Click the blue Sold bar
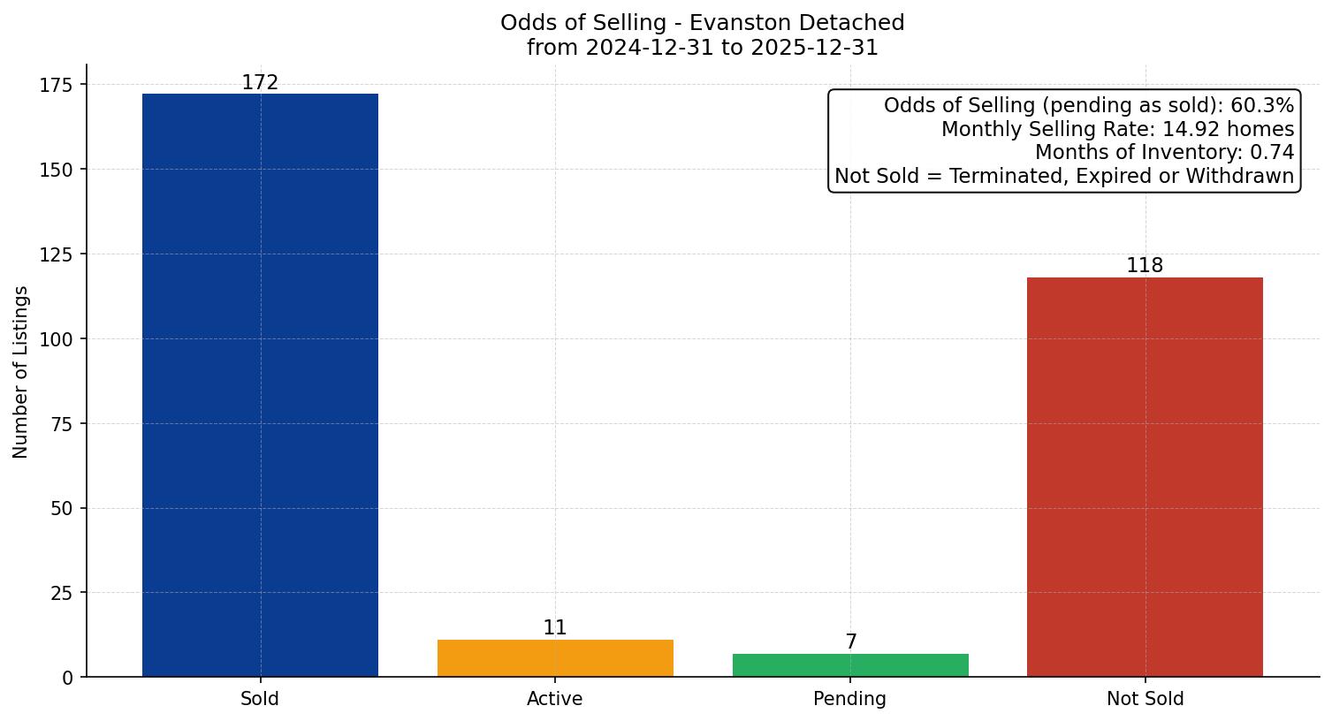click(260, 385)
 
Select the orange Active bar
click(555, 658)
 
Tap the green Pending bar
click(850, 665)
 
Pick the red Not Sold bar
click(1145, 477)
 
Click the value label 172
click(260, 83)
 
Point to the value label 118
click(1145, 266)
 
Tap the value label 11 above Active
click(555, 628)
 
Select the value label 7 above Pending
click(850, 642)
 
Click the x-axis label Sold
click(260, 699)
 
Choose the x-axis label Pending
click(850, 699)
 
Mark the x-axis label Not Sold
click(1145, 699)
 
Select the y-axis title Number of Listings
click(21, 372)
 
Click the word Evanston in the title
click(738, 23)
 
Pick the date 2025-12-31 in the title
click(813, 48)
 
